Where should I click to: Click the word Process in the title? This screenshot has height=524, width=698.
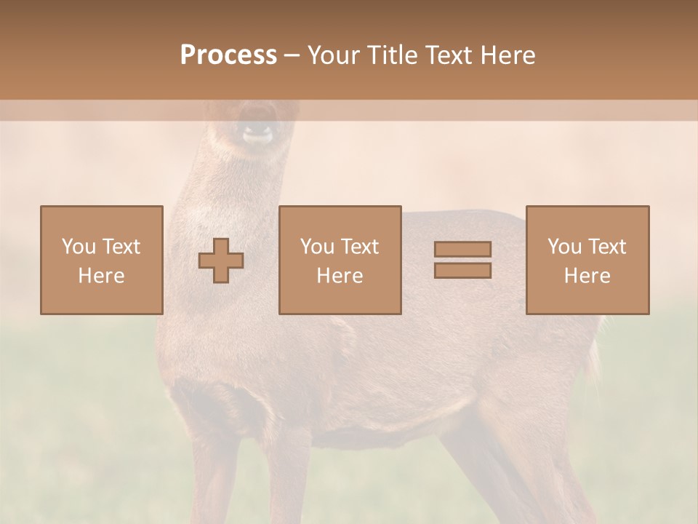pos(228,55)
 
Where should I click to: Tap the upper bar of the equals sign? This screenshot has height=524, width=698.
pos(462,249)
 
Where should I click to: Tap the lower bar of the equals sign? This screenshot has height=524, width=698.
pos(462,271)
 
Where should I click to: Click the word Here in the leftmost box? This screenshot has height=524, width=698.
pos(101,276)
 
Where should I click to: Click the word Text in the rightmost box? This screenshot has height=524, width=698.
pos(607,247)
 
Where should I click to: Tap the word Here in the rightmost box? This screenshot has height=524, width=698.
pos(587,276)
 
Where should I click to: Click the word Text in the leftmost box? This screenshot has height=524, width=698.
pos(121,247)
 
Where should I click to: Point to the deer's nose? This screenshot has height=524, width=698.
pos(257,133)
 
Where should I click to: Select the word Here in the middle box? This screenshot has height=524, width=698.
pos(340,276)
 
